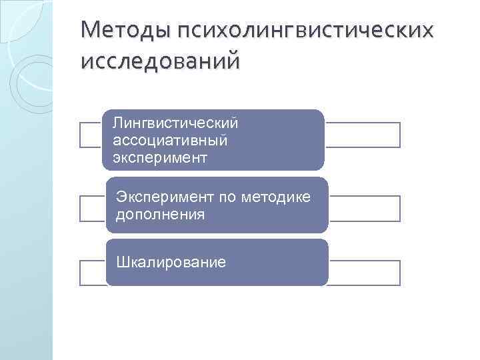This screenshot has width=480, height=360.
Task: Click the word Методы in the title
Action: click(124, 31)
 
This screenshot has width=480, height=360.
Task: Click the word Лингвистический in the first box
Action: click(175, 123)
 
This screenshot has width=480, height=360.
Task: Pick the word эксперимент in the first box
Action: click(161, 158)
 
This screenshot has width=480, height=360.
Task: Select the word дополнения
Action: click(160, 215)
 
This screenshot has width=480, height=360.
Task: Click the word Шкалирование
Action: click(171, 263)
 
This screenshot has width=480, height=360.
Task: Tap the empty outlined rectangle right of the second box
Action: click(365, 208)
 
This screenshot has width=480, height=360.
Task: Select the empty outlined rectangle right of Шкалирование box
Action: click(365, 273)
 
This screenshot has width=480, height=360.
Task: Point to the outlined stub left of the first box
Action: click(92, 135)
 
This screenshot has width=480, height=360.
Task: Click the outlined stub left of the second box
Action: click(92, 208)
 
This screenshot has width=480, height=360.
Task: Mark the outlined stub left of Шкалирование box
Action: click(92, 273)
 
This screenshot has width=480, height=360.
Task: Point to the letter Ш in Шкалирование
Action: click(122, 263)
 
